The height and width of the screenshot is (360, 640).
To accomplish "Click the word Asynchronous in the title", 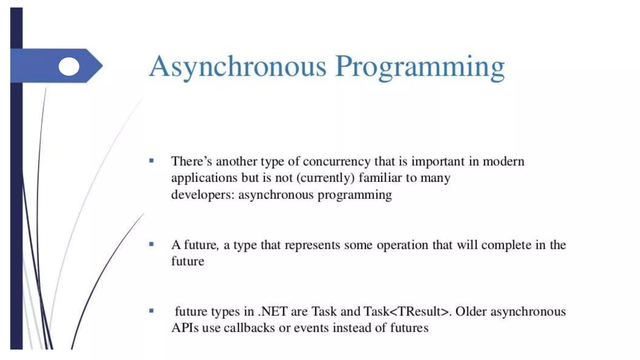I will (x=237, y=67).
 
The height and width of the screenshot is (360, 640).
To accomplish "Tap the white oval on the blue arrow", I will (x=69, y=66).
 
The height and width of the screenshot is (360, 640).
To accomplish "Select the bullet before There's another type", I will (x=152, y=161).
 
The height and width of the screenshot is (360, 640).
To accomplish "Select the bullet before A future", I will (x=152, y=244).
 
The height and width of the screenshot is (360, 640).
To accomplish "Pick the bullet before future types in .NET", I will (x=152, y=311).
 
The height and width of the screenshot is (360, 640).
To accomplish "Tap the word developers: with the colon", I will (x=203, y=195).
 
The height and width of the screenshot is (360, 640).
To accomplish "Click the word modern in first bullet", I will (x=503, y=162).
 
